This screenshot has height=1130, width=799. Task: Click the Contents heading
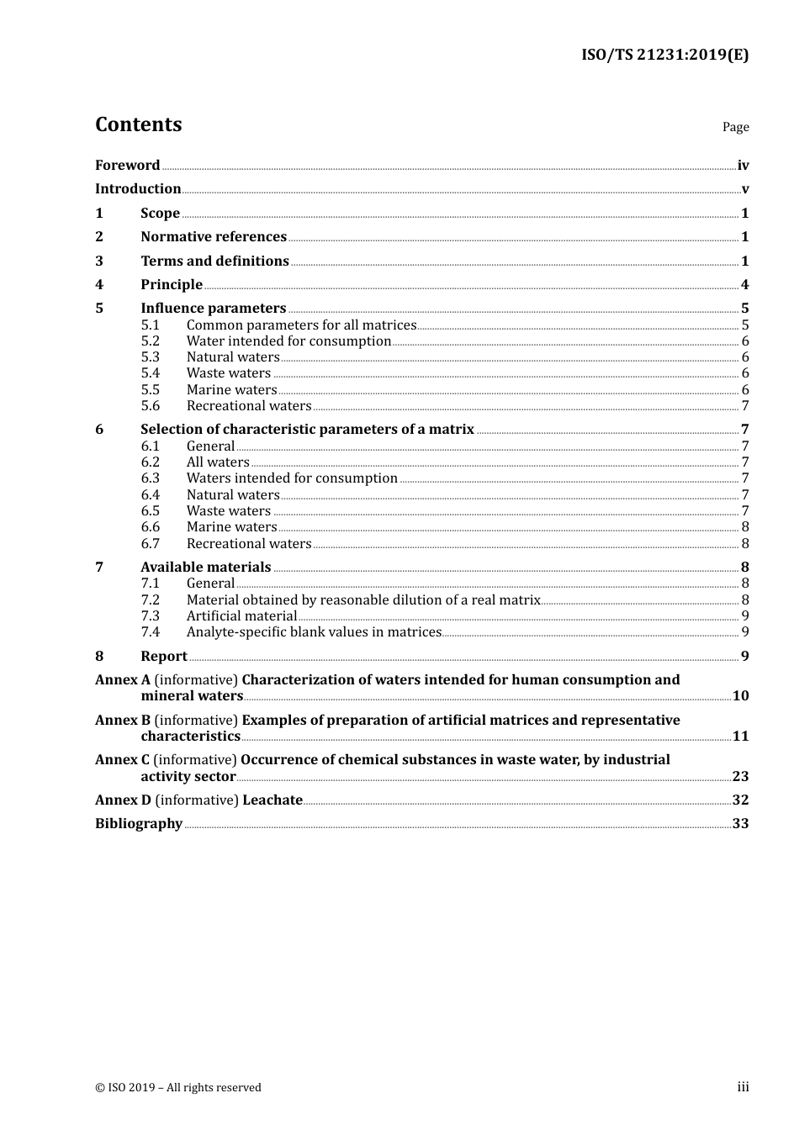pyautogui.click(x=138, y=124)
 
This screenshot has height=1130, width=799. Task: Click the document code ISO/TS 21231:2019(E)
pyautogui.click(x=664, y=55)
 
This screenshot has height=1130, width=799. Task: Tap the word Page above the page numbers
pyautogui.click(x=735, y=127)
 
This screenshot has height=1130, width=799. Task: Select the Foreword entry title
pyautogui.click(x=127, y=166)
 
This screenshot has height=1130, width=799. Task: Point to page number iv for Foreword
pyautogui.click(x=743, y=166)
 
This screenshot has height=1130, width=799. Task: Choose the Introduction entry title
pyautogui.click(x=138, y=189)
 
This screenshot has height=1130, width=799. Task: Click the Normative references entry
pyautogui.click(x=214, y=237)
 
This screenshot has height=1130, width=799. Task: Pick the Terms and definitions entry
pyautogui.click(x=214, y=261)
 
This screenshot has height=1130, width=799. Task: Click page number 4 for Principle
pyautogui.click(x=744, y=285)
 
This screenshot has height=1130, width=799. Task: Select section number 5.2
pyautogui.click(x=150, y=341)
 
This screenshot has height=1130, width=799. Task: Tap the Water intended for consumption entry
pyautogui.click(x=288, y=341)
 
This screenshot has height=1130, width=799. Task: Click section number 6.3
pyautogui.click(x=150, y=478)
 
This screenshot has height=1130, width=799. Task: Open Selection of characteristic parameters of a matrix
pyautogui.click(x=307, y=430)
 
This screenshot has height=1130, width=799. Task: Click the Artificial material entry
pyautogui.click(x=241, y=616)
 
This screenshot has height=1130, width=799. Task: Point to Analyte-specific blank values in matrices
pyautogui.click(x=314, y=632)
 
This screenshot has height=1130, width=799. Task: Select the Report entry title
pyautogui.click(x=164, y=657)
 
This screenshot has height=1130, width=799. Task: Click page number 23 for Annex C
pyautogui.click(x=740, y=777)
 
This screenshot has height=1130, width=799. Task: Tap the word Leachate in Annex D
pyautogui.click(x=273, y=800)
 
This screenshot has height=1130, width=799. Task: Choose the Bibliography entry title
pyautogui.click(x=139, y=824)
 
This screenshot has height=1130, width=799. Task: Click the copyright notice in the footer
pyautogui.click(x=178, y=1088)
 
